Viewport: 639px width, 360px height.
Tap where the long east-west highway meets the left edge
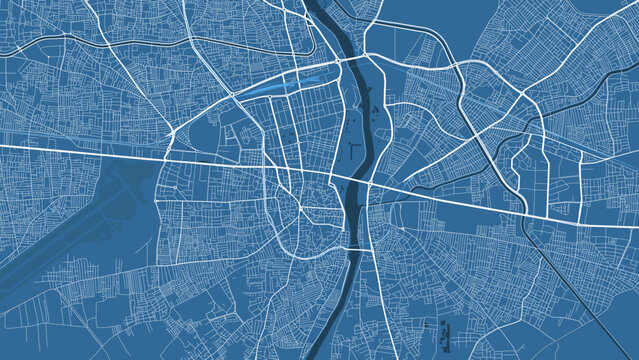3,147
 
